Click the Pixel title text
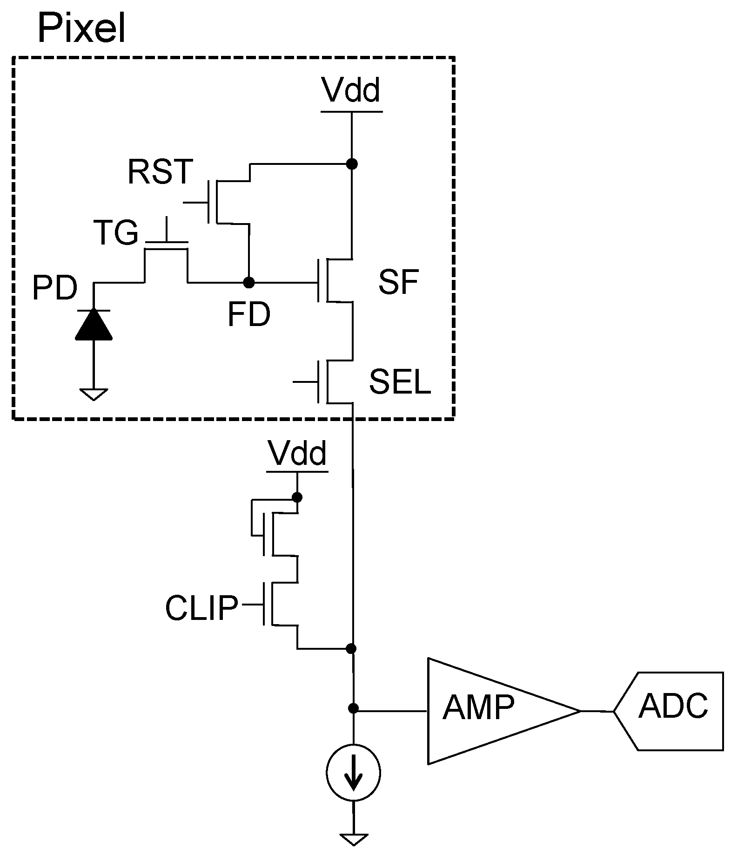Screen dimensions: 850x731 (x=82, y=29)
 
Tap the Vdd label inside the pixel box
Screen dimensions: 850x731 (x=352, y=90)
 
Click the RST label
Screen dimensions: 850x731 (x=160, y=172)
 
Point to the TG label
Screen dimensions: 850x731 (x=116, y=233)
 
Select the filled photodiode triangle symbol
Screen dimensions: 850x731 (x=94, y=325)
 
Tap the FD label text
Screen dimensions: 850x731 (x=248, y=315)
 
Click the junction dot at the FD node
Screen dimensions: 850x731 (x=249, y=282)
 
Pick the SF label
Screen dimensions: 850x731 (x=399, y=282)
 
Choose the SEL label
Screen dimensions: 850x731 (x=400, y=383)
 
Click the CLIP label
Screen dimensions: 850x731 (x=201, y=608)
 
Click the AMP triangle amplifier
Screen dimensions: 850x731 (x=489, y=711)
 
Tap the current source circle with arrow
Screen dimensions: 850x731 (x=353, y=773)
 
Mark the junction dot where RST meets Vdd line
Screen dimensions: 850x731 (x=352, y=164)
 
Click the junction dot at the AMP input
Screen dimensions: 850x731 (x=353, y=709)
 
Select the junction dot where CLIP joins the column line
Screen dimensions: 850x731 (x=352, y=648)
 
